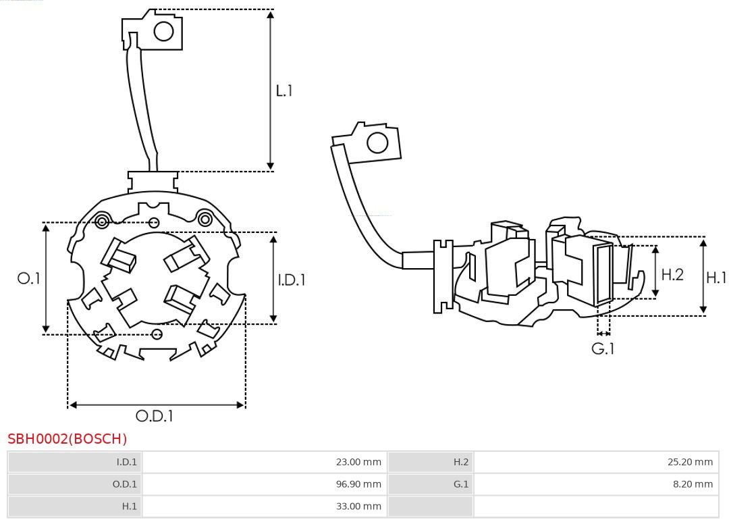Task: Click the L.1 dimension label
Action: [284, 90]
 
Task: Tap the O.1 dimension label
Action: [29, 278]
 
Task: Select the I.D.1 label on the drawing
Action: [292, 279]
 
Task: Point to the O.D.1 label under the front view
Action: [155, 416]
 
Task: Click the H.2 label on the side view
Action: [672, 274]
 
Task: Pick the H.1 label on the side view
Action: [716, 277]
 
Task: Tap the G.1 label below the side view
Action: [603, 348]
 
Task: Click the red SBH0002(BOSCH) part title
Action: [67, 439]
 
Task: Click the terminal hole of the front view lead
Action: [164, 31]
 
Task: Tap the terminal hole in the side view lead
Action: [377, 143]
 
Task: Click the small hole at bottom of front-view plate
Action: [157, 334]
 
